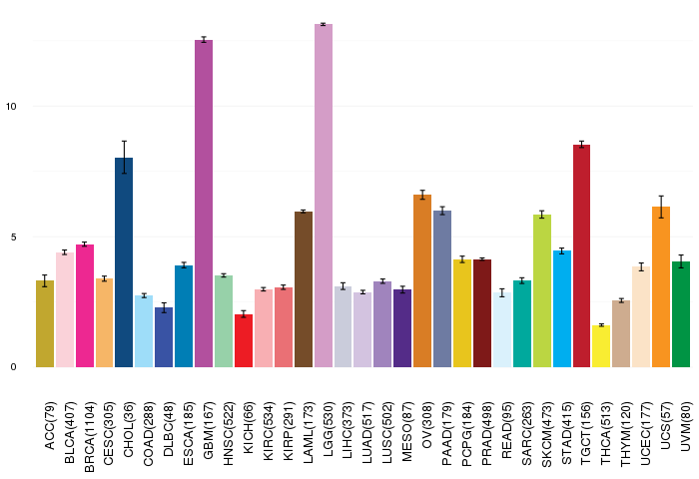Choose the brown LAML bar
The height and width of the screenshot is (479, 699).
(x=304, y=289)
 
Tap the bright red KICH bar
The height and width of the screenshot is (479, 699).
(x=244, y=340)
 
